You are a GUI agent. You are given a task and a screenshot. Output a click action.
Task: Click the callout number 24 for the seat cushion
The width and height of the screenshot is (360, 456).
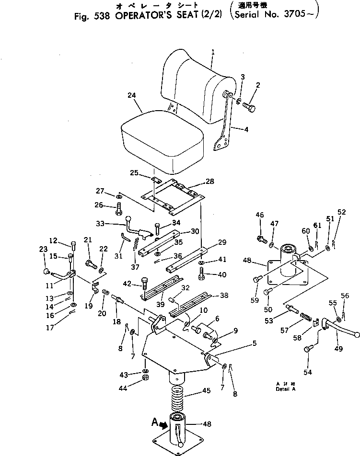tap(132, 96)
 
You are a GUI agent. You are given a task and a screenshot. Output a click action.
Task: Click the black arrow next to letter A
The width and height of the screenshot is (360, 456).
tap(163, 424)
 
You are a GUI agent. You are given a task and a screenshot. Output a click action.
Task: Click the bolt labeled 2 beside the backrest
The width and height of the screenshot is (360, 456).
tap(249, 106)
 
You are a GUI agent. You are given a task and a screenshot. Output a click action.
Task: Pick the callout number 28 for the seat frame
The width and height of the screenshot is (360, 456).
tap(210, 181)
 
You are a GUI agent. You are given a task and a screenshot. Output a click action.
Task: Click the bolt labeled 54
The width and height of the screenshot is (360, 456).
tap(308, 351)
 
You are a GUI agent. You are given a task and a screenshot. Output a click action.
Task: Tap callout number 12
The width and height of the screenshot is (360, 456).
tap(53, 240)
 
